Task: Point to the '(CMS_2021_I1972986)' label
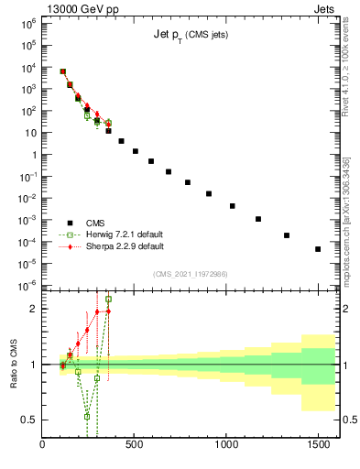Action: tap(190, 275)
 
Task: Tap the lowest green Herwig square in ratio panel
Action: tap(87, 416)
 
